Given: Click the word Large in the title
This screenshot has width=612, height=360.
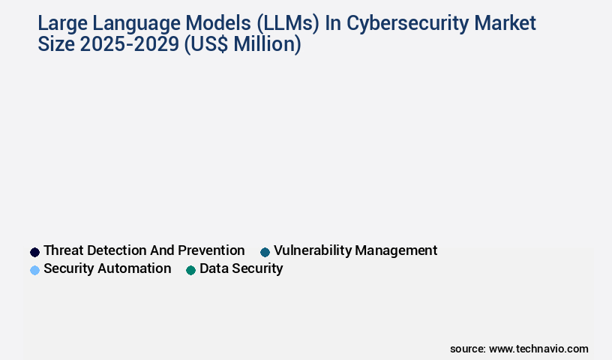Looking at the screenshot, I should tap(62, 24).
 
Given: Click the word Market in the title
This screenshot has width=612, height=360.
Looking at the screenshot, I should tap(507, 24).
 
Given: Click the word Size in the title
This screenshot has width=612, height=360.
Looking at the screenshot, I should tap(57, 45).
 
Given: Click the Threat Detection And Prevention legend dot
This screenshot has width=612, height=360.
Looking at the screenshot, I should tap(34, 252).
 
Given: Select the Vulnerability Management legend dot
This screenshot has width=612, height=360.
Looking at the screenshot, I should tap(265, 252).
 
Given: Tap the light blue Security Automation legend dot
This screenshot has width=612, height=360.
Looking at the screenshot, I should tap(34, 270).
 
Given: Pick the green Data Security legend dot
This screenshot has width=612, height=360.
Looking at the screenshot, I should tap(190, 270).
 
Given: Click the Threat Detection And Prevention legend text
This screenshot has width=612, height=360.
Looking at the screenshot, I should tap(144, 250).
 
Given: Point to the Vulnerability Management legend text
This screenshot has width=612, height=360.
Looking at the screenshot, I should tap(355, 250).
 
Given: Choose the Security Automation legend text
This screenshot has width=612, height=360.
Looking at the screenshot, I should tap(107, 268).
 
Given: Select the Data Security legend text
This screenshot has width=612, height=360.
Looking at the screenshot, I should tap(241, 268).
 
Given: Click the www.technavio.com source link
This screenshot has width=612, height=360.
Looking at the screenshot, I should tap(538, 349).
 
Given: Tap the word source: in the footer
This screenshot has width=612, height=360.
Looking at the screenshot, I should tap(468, 349).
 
